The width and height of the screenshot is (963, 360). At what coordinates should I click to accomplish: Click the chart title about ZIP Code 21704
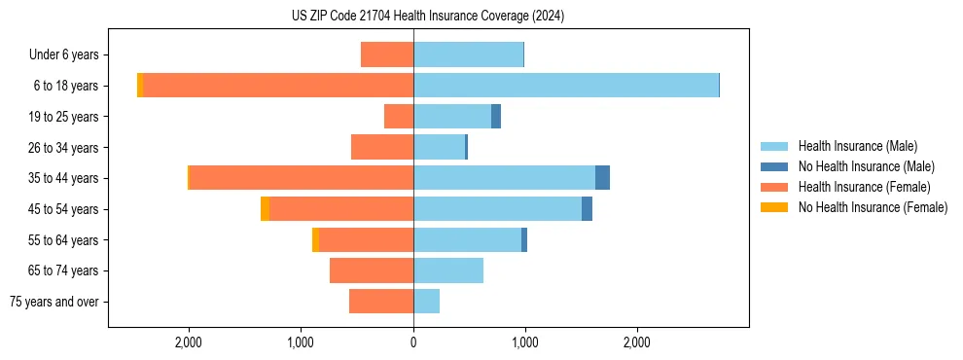pos(428,17)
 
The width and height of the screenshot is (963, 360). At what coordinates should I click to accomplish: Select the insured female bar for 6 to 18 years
pos(278,86)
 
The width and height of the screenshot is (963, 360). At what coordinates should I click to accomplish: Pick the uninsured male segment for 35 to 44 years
pos(602,178)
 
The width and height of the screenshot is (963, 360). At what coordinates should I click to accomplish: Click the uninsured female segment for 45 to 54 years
pos(265,209)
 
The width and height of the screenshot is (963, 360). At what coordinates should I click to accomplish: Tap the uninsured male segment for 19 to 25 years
pos(496,117)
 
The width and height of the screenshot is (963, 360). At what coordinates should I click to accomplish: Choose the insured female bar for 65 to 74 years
pos(372,270)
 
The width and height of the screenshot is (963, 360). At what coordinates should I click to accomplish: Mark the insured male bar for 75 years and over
pos(426,302)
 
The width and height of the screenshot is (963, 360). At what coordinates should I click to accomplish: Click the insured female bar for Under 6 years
pos(387,54)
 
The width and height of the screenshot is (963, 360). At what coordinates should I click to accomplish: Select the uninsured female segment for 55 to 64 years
pos(315,239)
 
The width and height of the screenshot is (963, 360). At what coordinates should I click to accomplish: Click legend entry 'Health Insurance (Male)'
pos(857,146)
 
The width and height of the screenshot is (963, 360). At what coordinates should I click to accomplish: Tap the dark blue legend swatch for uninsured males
pos(774,166)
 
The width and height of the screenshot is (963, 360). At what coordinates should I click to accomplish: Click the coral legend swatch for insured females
pos(774,187)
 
